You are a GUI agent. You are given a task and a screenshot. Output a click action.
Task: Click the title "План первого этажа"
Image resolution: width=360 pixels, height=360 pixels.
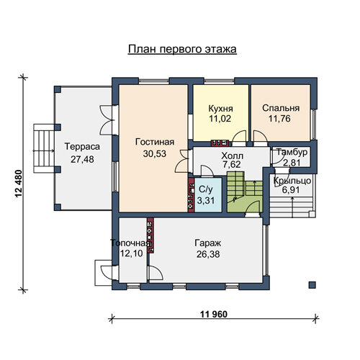182,50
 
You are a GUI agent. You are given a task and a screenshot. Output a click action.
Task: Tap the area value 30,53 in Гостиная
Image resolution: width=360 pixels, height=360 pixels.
155,154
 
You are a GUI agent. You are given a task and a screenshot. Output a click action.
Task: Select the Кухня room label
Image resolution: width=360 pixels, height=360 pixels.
220,109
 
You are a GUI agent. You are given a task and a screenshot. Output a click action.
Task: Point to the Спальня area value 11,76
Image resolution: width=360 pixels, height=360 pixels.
279,119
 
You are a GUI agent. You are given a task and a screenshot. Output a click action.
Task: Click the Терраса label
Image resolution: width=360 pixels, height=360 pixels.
82,147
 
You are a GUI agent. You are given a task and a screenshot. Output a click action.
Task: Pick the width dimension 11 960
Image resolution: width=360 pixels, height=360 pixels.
213,314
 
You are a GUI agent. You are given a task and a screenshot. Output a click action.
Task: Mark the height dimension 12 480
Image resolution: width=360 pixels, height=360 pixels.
19,184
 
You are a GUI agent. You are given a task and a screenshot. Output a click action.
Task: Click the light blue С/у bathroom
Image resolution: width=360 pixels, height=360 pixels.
208,195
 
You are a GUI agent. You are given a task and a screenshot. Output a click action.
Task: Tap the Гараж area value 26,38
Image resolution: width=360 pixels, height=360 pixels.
208,254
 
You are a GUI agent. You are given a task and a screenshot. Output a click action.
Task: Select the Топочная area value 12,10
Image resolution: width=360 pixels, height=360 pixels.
131,253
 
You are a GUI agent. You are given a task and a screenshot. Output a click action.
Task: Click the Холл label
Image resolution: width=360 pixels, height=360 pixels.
232,156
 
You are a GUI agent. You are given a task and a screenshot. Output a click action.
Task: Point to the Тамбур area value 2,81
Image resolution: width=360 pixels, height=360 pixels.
292,163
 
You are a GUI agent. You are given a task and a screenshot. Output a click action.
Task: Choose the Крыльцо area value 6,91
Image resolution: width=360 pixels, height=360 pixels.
291,190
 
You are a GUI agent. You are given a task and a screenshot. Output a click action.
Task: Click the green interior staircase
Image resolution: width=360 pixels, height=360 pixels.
245,192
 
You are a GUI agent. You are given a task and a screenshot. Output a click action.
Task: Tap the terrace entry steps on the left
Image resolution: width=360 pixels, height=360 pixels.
44,148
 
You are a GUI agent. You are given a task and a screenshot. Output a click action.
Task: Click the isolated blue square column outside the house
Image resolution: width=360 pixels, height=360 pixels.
312,285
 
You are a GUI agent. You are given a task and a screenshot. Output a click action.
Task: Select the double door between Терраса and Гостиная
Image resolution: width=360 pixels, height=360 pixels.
106,120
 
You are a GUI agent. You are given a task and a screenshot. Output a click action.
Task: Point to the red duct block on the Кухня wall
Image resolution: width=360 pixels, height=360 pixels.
220,143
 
